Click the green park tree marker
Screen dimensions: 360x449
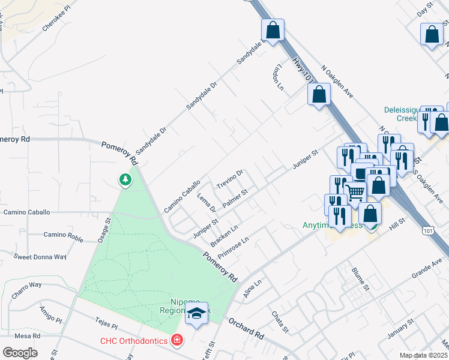tap(125, 179)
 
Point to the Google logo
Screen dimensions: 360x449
tap(20, 352)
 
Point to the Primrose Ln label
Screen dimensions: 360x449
tap(233, 247)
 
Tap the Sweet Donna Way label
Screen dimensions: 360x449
tap(40, 257)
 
